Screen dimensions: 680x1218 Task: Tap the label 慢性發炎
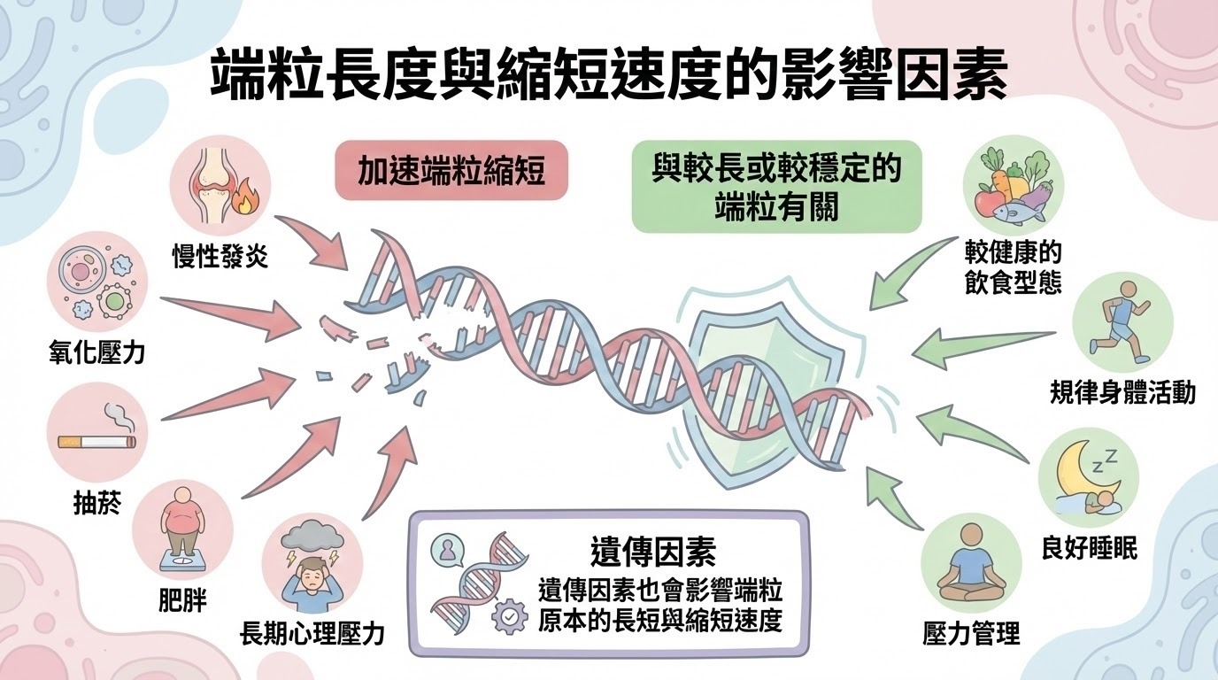(x=220, y=257)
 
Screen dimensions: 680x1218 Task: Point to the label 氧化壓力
(x=96, y=354)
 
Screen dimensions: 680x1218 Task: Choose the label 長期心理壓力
(x=312, y=633)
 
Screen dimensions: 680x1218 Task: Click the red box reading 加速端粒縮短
(x=451, y=171)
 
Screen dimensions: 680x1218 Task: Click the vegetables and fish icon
(x=1013, y=184)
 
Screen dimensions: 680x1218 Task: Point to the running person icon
(x=1122, y=321)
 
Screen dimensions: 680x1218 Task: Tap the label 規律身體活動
(x=1122, y=392)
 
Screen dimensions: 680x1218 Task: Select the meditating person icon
(x=971, y=563)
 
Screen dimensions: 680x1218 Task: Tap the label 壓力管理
(x=971, y=634)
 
